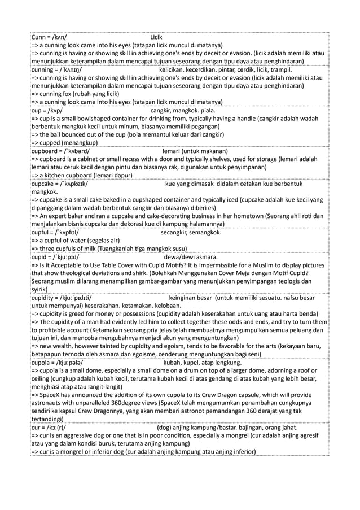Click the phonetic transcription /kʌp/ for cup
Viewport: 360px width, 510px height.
[55, 111]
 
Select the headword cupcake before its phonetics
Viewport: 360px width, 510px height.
[45, 184]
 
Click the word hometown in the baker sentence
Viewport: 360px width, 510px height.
[260, 216]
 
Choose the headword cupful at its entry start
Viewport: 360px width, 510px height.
[41, 233]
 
